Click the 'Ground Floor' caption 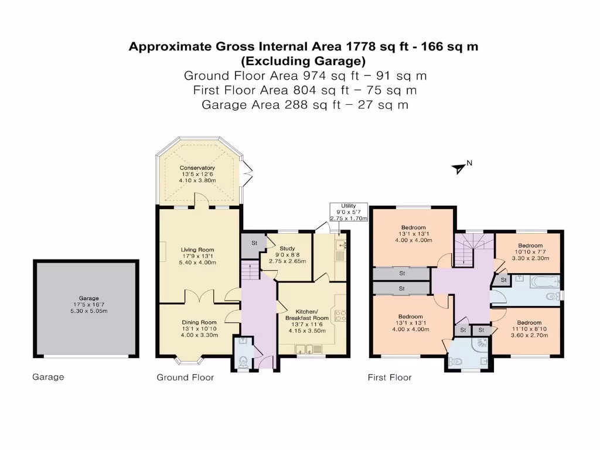185,377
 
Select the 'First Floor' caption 390,377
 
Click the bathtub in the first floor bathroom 545,282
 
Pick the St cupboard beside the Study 254,244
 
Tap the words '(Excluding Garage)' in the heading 304,61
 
